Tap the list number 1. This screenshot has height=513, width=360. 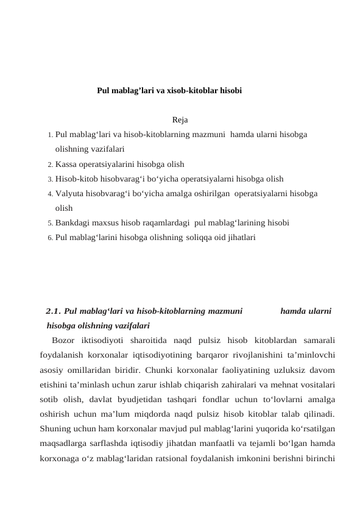(49, 133)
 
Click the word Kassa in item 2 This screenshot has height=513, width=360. (65, 164)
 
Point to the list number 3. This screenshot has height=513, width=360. (49, 179)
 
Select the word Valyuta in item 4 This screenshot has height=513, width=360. (68, 194)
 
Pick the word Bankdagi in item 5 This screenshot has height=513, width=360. (71, 222)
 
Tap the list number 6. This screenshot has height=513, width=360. (49, 238)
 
